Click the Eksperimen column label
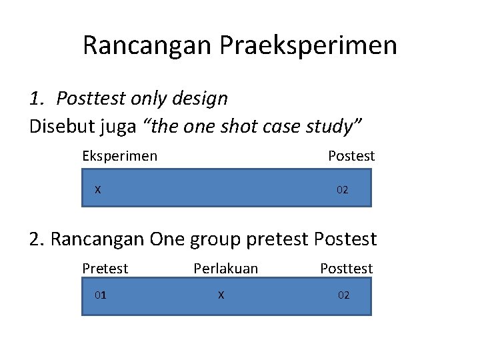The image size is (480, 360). point(120,156)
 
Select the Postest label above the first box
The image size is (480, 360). point(351,156)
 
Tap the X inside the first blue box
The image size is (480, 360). point(98,189)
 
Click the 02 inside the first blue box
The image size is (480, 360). point(342,190)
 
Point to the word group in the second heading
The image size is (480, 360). point(219,239)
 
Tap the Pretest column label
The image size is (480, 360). point(105,269)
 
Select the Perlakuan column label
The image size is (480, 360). point(225,269)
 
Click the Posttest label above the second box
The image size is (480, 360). point(346,269)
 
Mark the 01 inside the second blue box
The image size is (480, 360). point(100,295)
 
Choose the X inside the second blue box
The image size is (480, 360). point(221,295)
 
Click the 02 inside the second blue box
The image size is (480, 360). point(343,295)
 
